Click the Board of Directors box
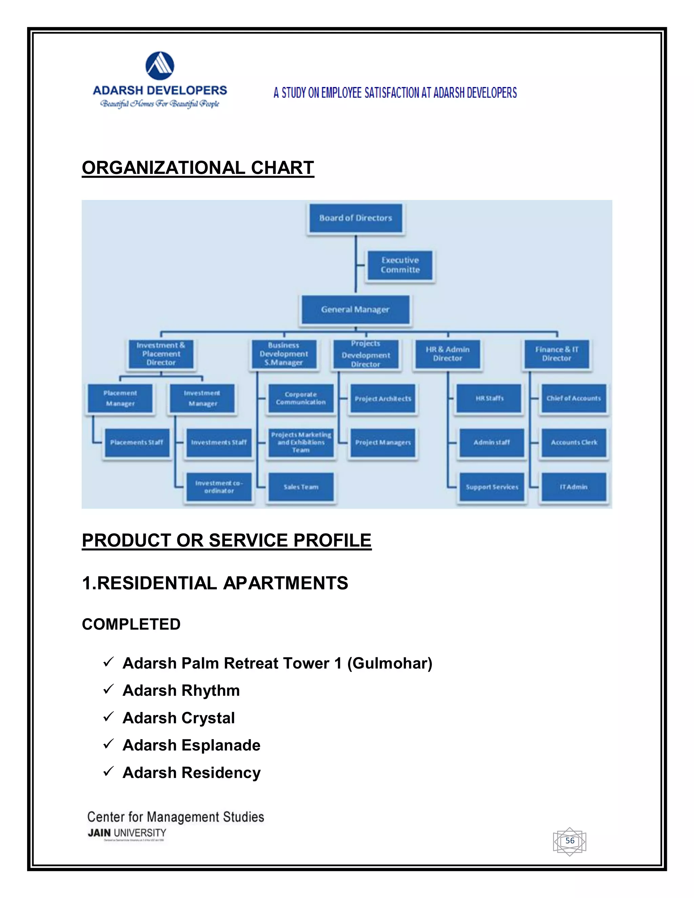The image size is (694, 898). point(355,218)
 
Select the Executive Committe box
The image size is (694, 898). point(400,265)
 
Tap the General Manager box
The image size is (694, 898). point(355,309)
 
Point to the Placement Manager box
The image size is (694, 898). point(120,399)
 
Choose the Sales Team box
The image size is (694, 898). point(301,487)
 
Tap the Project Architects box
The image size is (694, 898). point(383,399)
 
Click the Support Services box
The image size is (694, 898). point(492,487)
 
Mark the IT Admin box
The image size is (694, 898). point(574,487)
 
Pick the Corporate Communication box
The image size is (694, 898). point(301,399)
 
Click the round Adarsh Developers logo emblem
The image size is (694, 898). point(160,66)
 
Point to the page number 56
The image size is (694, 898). point(570,840)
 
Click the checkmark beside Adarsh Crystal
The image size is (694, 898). point(108,717)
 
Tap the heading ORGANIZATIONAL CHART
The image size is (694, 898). point(198,168)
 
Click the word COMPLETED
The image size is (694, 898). point(131,624)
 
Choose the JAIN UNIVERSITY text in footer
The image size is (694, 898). point(127,833)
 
